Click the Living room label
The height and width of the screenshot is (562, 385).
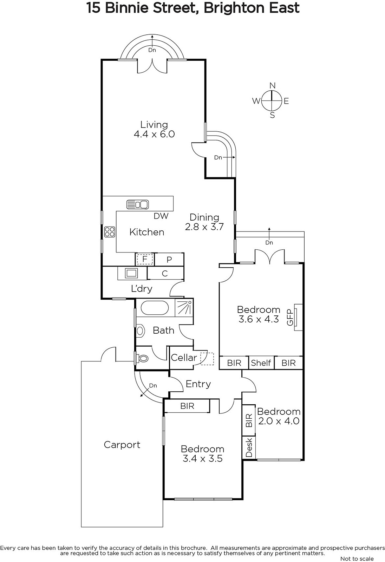pos(154,125)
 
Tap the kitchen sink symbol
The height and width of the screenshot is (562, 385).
pos(138,204)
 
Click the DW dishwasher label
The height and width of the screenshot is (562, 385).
pos(161,216)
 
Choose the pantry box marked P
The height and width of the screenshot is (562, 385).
pos(169,260)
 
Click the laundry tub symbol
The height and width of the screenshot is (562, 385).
pos(132,273)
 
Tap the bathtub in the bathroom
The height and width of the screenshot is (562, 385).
pos(155,308)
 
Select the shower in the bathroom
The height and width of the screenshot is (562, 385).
pos(184,308)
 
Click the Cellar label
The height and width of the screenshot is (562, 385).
pos(184,358)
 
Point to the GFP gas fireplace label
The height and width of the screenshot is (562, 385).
pos(290,317)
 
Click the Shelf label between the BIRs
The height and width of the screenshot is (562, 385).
pos(261,363)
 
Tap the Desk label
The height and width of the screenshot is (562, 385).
pos(249,447)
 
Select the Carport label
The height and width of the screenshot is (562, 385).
pos(122,445)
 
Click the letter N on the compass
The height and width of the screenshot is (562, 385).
pos(272,85)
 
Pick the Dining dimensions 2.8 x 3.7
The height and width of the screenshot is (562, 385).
pos(204,227)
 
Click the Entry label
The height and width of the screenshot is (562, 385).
pos(198,384)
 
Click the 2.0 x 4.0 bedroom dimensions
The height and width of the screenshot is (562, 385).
pos(279,421)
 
